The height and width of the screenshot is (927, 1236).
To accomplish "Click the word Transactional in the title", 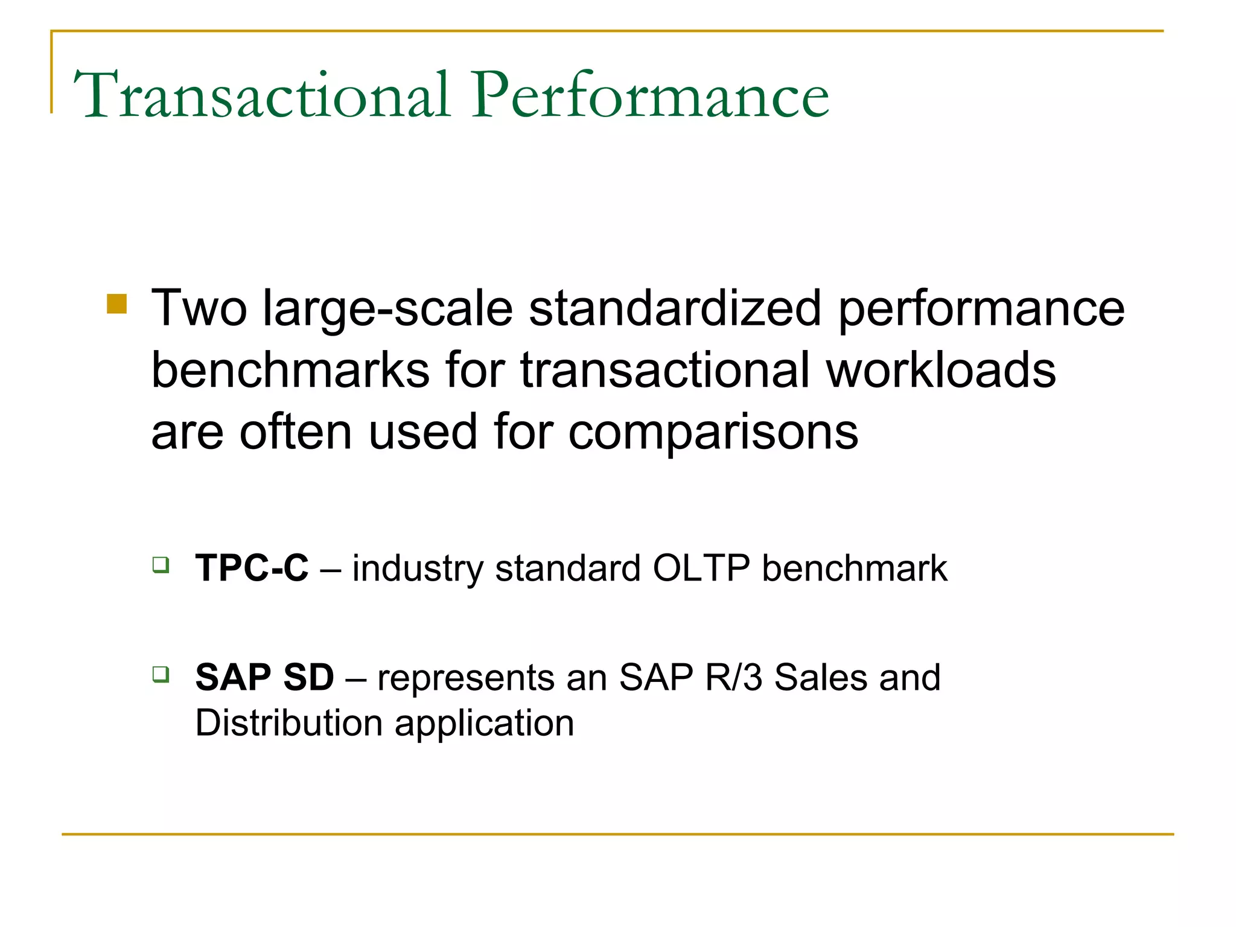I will pos(263,95).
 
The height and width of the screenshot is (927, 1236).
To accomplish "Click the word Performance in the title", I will pos(651,95).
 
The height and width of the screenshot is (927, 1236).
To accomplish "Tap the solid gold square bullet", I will pos(116,304).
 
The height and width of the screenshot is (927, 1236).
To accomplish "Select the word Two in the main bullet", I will pos(199,308).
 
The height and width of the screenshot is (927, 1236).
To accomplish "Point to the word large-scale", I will pos(387,310).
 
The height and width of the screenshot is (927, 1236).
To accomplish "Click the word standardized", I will pos(675,308).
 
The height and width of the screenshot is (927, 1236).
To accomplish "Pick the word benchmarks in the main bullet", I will pos(290,370).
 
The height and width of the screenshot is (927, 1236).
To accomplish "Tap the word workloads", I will pos(941,370).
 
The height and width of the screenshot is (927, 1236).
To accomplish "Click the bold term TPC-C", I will pos(252,568).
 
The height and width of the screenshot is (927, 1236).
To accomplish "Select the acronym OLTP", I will pos(701,568).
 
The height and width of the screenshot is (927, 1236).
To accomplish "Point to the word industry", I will pos(418,569).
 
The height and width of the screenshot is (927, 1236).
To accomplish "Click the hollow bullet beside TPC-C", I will pos(161,565).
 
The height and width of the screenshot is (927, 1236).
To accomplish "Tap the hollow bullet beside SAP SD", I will pos(161,674).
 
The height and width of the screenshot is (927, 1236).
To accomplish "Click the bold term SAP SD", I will pos(264,677).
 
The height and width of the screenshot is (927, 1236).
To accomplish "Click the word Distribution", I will pos(288,723).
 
